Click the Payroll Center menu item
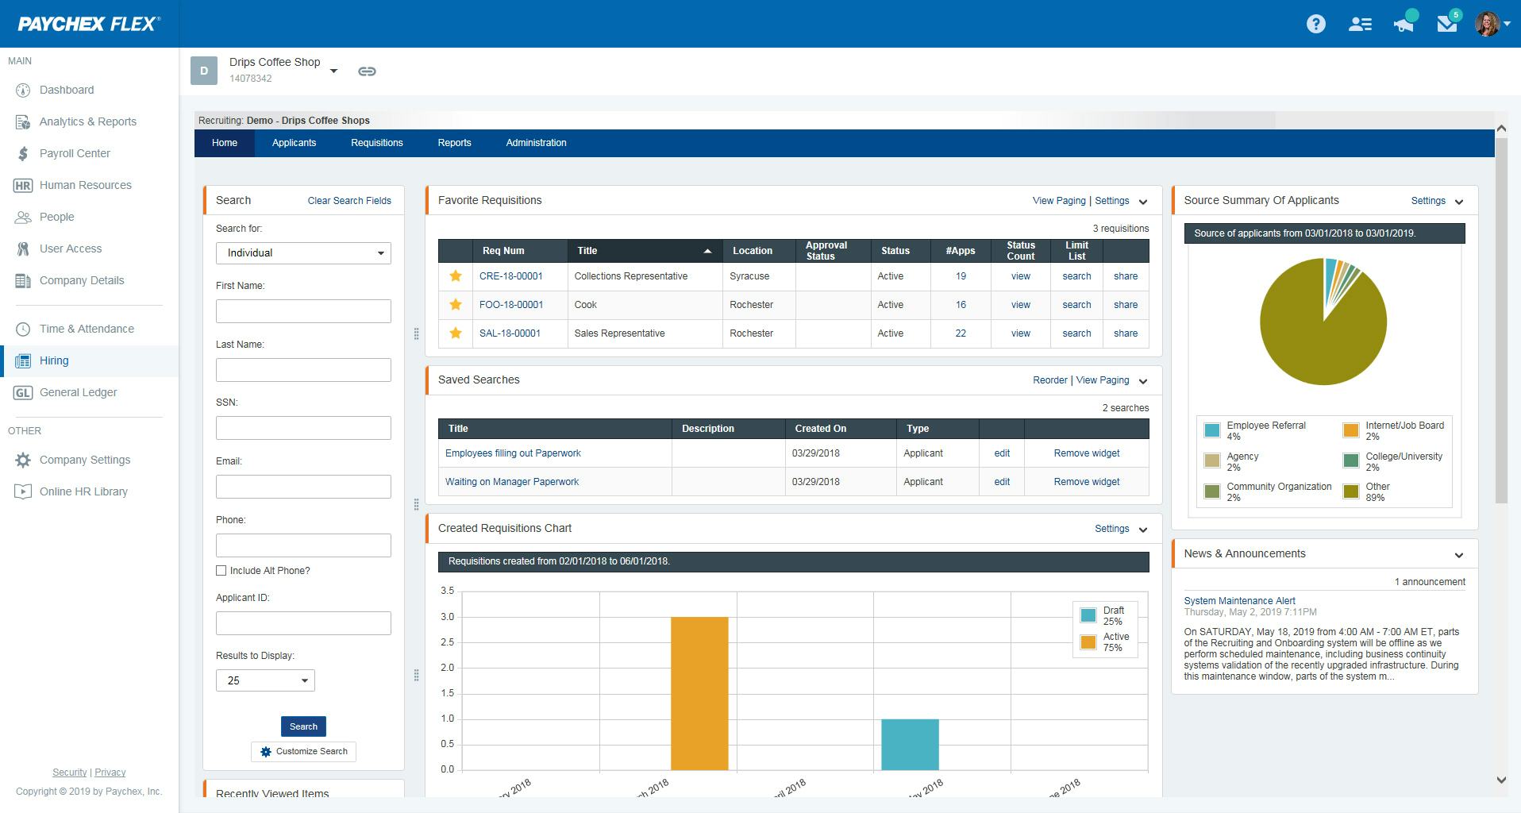click(75, 153)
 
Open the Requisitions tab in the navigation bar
click(376, 143)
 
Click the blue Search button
click(303, 726)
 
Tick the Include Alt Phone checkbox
click(221, 571)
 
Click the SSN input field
click(303, 428)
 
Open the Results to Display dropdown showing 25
click(265, 680)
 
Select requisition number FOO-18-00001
click(511, 305)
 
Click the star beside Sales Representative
click(456, 333)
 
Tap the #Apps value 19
click(961, 276)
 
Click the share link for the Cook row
click(1125, 305)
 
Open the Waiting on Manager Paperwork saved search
click(512, 482)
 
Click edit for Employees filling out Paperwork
click(1002, 453)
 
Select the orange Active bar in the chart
click(699, 693)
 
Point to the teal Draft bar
click(910, 744)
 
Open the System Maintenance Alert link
click(1239, 601)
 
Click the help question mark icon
click(1315, 24)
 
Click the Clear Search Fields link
click(349, 201)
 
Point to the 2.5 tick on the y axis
click(447, 642)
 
